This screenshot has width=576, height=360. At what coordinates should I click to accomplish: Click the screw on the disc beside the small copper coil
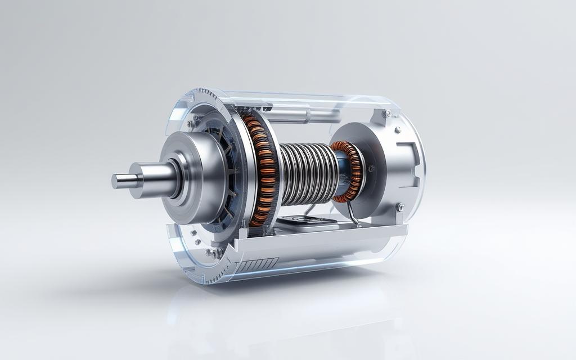(370, 168)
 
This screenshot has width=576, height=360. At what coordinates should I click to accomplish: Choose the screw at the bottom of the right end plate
(400, 208)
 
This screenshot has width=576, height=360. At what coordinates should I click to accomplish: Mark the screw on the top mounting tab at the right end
(387, 114)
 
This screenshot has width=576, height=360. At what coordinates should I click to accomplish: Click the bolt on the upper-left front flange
(192, 123)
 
